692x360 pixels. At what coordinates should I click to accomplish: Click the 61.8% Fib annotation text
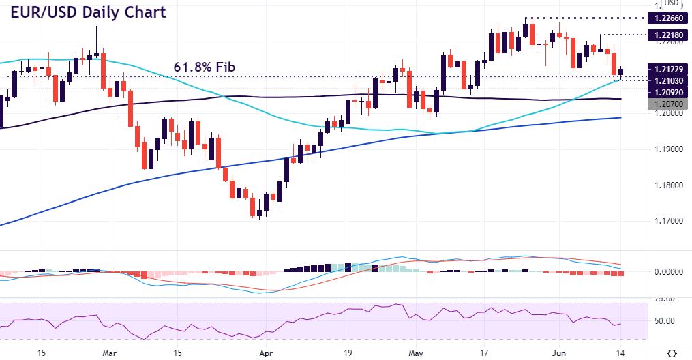click(x=205, y=67)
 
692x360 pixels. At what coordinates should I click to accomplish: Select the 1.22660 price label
click(x=669, y=18)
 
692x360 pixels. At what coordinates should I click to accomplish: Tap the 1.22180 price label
click(x=669, y=34)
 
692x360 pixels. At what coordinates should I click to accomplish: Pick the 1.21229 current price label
click(x=669, y=68)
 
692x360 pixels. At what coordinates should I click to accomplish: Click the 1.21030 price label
click(x=669, y=80)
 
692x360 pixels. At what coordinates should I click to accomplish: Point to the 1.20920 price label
click(x=669, y=91)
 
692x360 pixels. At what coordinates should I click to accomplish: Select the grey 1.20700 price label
click(x=669, y=103)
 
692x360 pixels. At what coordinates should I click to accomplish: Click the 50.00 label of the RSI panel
click(x=665, y=320)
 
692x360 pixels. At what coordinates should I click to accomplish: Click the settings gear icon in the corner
click(x=672, y=352)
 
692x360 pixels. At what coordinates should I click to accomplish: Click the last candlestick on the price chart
click(x=621, y=72)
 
